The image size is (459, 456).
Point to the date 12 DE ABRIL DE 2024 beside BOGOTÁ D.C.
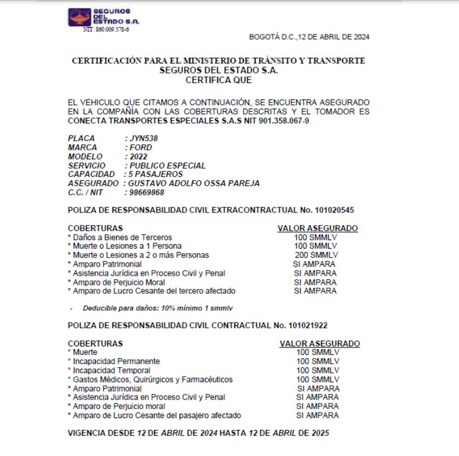coord(333,37)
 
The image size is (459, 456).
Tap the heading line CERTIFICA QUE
coord(219,80)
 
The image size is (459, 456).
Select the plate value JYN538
coord(144,138)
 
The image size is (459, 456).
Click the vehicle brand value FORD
coord(140,147)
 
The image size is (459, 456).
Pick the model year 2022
coord(138,157)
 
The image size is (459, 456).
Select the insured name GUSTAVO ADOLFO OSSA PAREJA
coord(194,184)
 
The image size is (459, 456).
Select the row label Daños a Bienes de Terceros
coord(121,237)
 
